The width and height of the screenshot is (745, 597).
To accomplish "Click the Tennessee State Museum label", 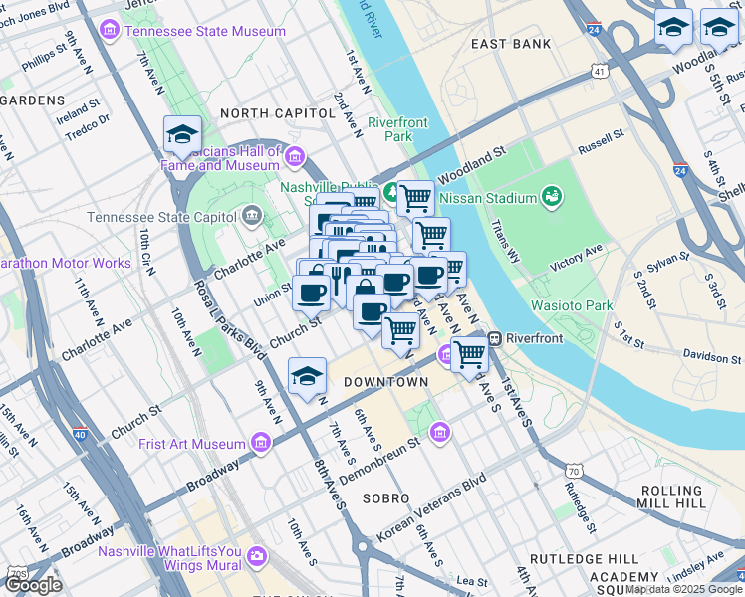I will pyautogui.click(x=204, y=31).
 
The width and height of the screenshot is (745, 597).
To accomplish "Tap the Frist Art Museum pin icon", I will pyautogui.click(x=261, y=443).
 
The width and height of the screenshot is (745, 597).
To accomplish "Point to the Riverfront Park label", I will pyautogui.click(x=397, y=129).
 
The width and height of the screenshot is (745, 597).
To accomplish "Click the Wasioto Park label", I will pyautogui.click(x=571, y=305).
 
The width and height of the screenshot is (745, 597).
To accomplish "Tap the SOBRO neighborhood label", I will pyautogui.click(x=386, y=497).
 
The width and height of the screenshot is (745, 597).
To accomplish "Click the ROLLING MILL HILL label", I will pyautogui.click(x=672, y=499).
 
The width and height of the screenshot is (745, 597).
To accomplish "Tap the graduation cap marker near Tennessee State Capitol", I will pyautogui.click(x=182, y=136).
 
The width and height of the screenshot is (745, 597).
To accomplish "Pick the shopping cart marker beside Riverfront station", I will pyautogui.click(x=469, y=353).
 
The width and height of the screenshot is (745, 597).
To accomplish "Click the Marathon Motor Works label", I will pyautogui.click(x=66, y=263).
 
